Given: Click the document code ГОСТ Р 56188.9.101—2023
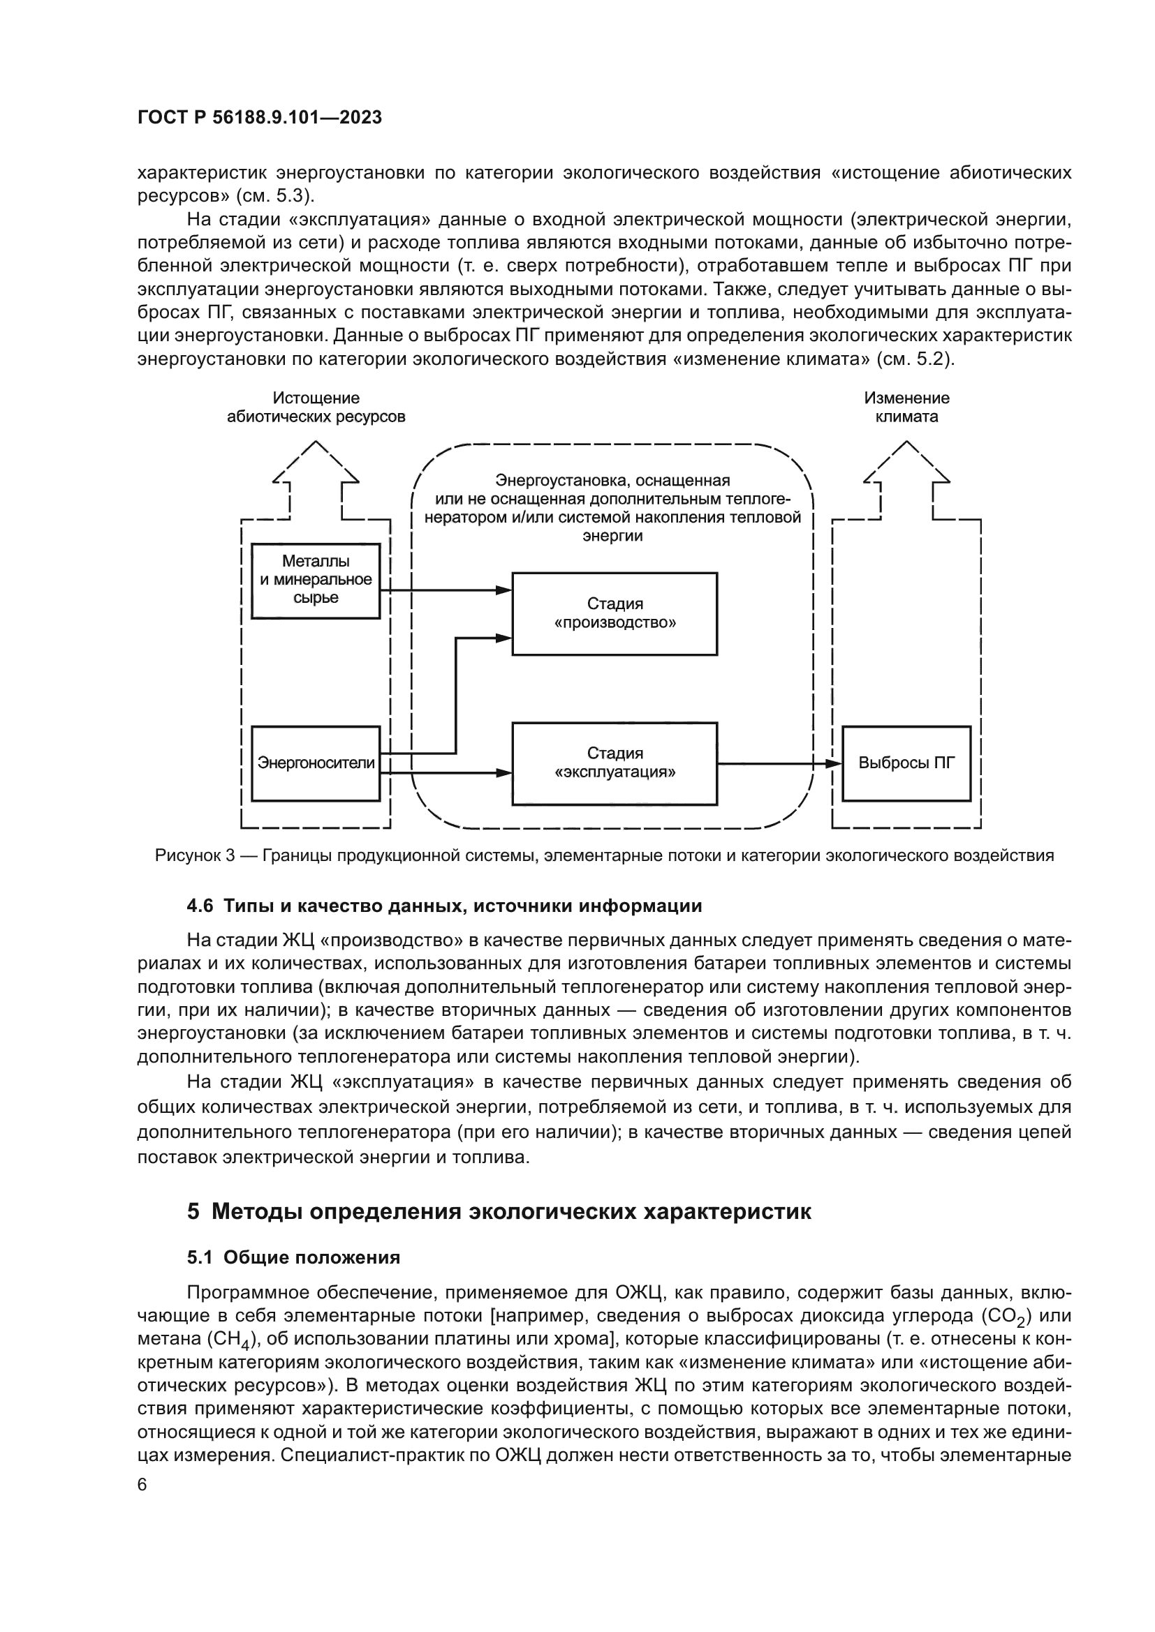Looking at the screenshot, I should tap(260, 117).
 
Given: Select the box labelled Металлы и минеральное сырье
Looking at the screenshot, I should tap(316, 580).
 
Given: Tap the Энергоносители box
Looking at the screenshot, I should tap(316, 763).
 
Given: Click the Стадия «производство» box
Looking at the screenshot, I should tap(615, 613).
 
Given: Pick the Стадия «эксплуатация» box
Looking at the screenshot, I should tap(615, 763).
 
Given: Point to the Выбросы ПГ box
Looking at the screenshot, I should tap(906, 763).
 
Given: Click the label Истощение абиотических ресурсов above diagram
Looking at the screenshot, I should tap(316, 407).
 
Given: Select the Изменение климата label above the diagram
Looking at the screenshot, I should tap(906, 407).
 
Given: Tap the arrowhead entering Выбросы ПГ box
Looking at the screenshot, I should tap(834, 763).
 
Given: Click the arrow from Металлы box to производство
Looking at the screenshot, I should tap(441, 590).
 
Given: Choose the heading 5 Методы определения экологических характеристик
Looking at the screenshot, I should tap(499, 1211).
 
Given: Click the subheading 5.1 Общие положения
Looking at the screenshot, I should tap(293, 1257).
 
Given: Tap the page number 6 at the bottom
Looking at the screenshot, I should tap(142, 1485).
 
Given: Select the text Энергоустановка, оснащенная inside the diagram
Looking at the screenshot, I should tap(612, 481).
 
